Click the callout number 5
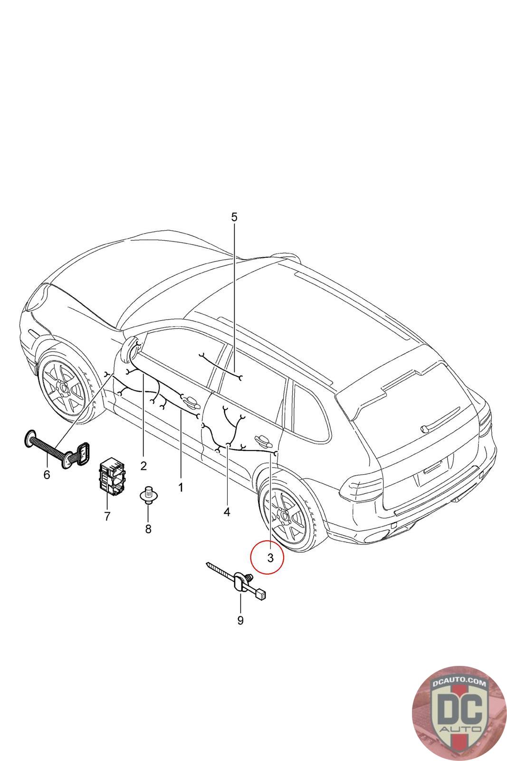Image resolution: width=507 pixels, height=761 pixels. pyautogui.click(x=234, y=217)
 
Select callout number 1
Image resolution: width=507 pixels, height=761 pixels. pyautogui.click(x=181, y=488)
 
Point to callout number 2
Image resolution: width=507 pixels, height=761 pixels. pyautogui.click(x=143, y=465)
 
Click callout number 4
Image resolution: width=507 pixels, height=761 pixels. pyautogui.click(x=227, y=512)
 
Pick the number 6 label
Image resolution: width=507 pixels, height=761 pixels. pyautogui.click(x=47, y=474)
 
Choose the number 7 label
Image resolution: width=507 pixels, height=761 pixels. pyautogui.click(x=107, y=516)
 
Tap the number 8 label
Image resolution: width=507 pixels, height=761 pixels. pyautogui.click(x=148, y=528)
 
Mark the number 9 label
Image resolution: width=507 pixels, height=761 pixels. pyautogui.click(x=240, y=620)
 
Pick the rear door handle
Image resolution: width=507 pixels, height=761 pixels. pyautogui.click(x=264, y=439)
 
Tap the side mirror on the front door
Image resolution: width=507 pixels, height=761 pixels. pyautogui.click(x=130, y=346)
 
